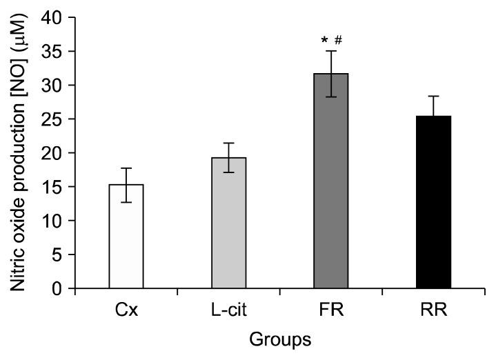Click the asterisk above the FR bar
point(324,41)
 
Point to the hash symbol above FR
point(338,39)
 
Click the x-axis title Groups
point(279,340)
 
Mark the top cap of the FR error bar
point(331,51)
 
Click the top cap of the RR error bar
point(433,97)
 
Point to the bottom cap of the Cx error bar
point(126,202)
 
